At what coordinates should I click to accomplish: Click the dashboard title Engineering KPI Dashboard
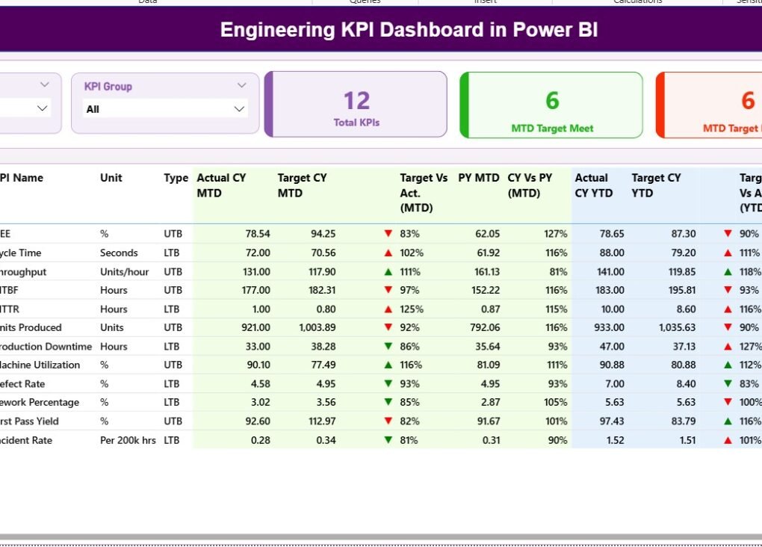[x=409, y=30]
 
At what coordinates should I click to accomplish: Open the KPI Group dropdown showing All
[x=165, y=109]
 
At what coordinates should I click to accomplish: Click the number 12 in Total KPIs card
[x=356, y=101]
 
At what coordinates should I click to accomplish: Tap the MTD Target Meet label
[x=552, y=129]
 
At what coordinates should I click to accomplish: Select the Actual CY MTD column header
[x=221, y=185]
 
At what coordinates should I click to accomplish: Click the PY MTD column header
[x=479, y=178]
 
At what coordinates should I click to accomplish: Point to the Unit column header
[x=111, y=178]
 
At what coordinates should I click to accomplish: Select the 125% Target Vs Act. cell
[x=411, y=309]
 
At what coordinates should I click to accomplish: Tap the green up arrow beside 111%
[x=388, y=271]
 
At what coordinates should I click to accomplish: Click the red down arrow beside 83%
[x=388, y=234]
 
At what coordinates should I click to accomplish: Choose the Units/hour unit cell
[x=124, y=271]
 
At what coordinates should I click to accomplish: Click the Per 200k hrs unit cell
[x=128, y=440]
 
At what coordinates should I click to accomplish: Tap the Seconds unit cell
[x=119, y=253]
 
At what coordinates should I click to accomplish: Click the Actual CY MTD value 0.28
[x=260, y=440]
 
